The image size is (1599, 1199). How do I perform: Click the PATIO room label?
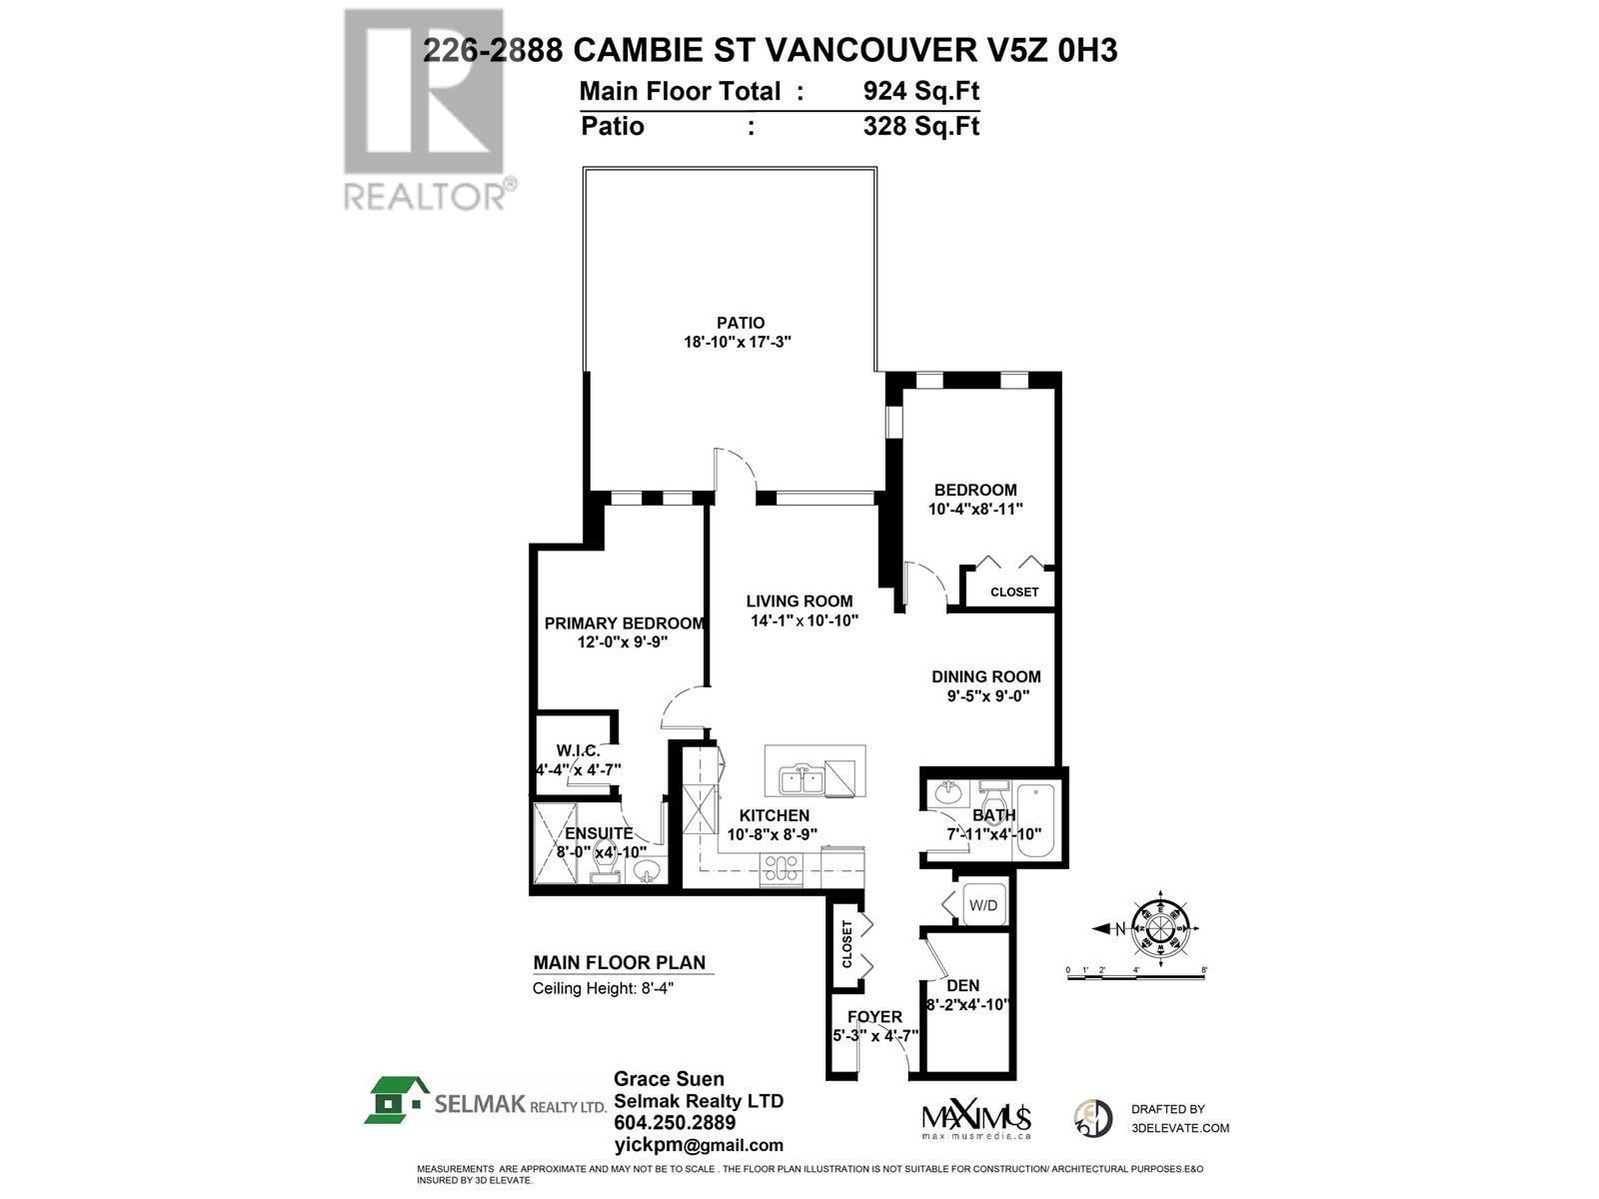click(x=741, y=323)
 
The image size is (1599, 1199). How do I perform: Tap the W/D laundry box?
click(x=983, y=906)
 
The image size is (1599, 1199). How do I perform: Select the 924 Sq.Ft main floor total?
click(x=920, y=91)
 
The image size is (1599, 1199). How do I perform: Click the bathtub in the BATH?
click(x=1039, y=822)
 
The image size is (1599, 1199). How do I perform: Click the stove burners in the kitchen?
click(x=782, y=868)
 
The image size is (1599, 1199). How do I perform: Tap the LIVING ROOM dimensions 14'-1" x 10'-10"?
click(x=799, y=619)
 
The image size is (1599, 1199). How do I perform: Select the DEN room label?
click(x=962, y=986)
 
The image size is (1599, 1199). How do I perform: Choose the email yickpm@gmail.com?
click(x=698, y=1146)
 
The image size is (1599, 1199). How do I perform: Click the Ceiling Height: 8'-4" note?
click(x=610, y=988)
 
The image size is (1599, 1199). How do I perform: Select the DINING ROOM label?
click(x=986, y=676)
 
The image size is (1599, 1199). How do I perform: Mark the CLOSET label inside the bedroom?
click(x=1014, y=592)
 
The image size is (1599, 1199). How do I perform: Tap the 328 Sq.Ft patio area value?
click(x=920, y=126)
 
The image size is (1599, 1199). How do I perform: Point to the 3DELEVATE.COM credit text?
click(x=1180, y=1128)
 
